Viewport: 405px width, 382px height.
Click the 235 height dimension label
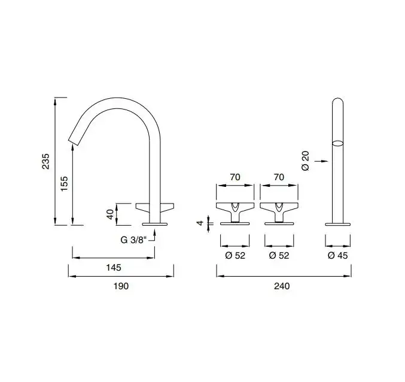45,161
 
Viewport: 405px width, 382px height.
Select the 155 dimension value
65,183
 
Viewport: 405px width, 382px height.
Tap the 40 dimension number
110,214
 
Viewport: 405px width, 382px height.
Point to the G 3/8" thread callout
133,240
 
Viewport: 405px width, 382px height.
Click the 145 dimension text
114,268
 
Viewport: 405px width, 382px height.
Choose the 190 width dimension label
121,286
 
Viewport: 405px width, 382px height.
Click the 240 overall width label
282,286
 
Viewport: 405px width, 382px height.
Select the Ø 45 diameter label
338,255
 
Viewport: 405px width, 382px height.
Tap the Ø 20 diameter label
305,160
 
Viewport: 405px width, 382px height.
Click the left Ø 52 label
235,255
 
